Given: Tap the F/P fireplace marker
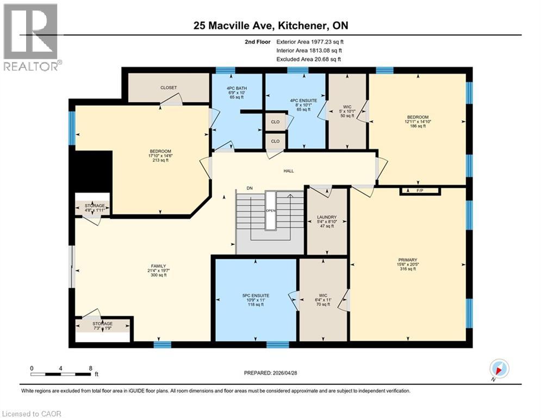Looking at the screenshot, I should click(x=420, y=191).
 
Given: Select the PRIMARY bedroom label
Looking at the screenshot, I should click(x=408, y=260).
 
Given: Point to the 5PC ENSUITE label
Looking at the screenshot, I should click(x=256, y=296).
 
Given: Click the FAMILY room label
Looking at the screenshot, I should click(x=158, y=266).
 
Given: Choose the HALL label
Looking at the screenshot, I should click(x=288, y=171).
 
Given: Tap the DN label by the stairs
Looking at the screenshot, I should click(x=250, y=188).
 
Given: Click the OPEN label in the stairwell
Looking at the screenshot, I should click(x=270, y=211).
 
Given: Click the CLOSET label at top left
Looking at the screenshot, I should click(x=169, y=88).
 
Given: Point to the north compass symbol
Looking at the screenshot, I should click(x=499, y=368).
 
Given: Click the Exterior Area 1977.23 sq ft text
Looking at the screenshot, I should click(x=310, y=41).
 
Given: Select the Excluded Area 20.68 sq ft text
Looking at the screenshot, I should click(x=310, y=59).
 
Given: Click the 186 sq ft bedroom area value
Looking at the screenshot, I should click(x=418, y=126).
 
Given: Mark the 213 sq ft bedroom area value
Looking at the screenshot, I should click(x=160, y=160).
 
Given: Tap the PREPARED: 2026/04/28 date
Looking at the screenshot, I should click(x=272, y=373).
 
